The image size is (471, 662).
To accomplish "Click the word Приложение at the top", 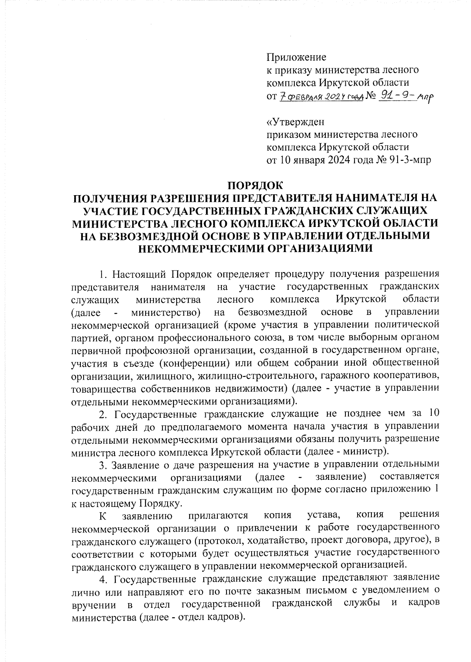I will [296, 58].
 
